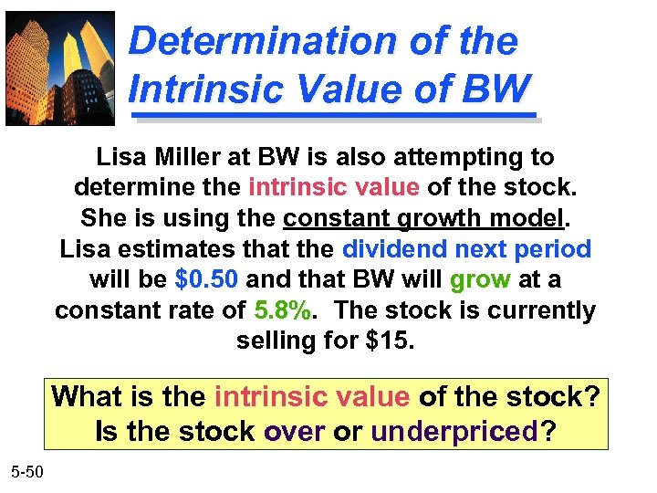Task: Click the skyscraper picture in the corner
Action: tap(60, 68)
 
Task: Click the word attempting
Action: tap(457, 158)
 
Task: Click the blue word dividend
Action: tap(394, 249)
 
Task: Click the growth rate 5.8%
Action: tap(283, 310)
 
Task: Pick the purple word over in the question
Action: tap(294, 429)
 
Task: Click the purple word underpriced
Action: tap(455, 429)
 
